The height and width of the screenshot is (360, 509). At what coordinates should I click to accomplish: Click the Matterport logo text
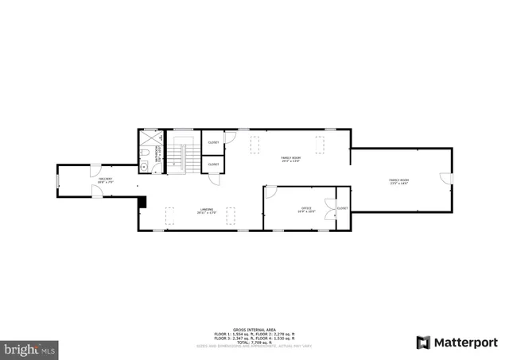coord(464,343)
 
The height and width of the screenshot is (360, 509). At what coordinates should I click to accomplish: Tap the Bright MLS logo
coord(29,348)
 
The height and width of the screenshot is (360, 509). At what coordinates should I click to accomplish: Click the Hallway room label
coord(105,181)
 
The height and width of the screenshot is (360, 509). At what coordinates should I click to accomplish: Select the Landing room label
coord(206,211)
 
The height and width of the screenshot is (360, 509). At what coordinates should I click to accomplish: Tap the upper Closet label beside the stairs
coord(213,142)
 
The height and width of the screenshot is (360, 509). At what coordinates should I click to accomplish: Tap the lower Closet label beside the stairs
coord(213,164)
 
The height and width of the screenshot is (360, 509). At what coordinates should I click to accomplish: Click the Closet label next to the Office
coord(342,208)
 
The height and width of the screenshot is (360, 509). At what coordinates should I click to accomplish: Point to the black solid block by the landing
coord(142,202)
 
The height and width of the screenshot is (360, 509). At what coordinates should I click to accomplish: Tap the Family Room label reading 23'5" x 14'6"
coord(398,182)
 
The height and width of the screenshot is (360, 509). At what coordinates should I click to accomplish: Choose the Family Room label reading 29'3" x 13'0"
coord(290,159)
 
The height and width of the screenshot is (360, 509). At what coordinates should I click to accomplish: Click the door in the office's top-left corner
coord(270,192)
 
